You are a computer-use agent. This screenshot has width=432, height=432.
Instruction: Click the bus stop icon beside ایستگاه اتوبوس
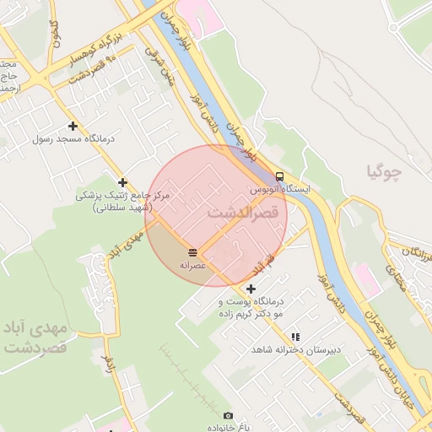pyautogui.click(x=279, y=176)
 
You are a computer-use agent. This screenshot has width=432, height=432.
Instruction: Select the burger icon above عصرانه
pyautogui.click(x=193, y=252)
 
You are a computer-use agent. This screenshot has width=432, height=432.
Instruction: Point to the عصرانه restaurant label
pyautogui.click(x=193, y=264)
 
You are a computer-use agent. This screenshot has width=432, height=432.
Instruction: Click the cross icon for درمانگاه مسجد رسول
pyautogui.click(x=73, y=126)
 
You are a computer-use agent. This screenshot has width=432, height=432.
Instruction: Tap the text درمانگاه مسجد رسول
pyautogui.click(x=66, y=138)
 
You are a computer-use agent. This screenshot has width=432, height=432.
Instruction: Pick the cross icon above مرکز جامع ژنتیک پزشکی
pyautogui.click(x=123, y=182)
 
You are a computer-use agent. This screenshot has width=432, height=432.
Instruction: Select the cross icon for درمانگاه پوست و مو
pyautogui.click(x=251, y=289)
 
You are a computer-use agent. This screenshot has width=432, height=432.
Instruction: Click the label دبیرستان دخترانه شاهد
pyautogui.click(x=288, y=349)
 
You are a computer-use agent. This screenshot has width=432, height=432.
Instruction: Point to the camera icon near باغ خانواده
pyautogui.click(x=228, y=416)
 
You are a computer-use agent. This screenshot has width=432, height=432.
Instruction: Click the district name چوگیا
pyautogui.click(x=385, y=172)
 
